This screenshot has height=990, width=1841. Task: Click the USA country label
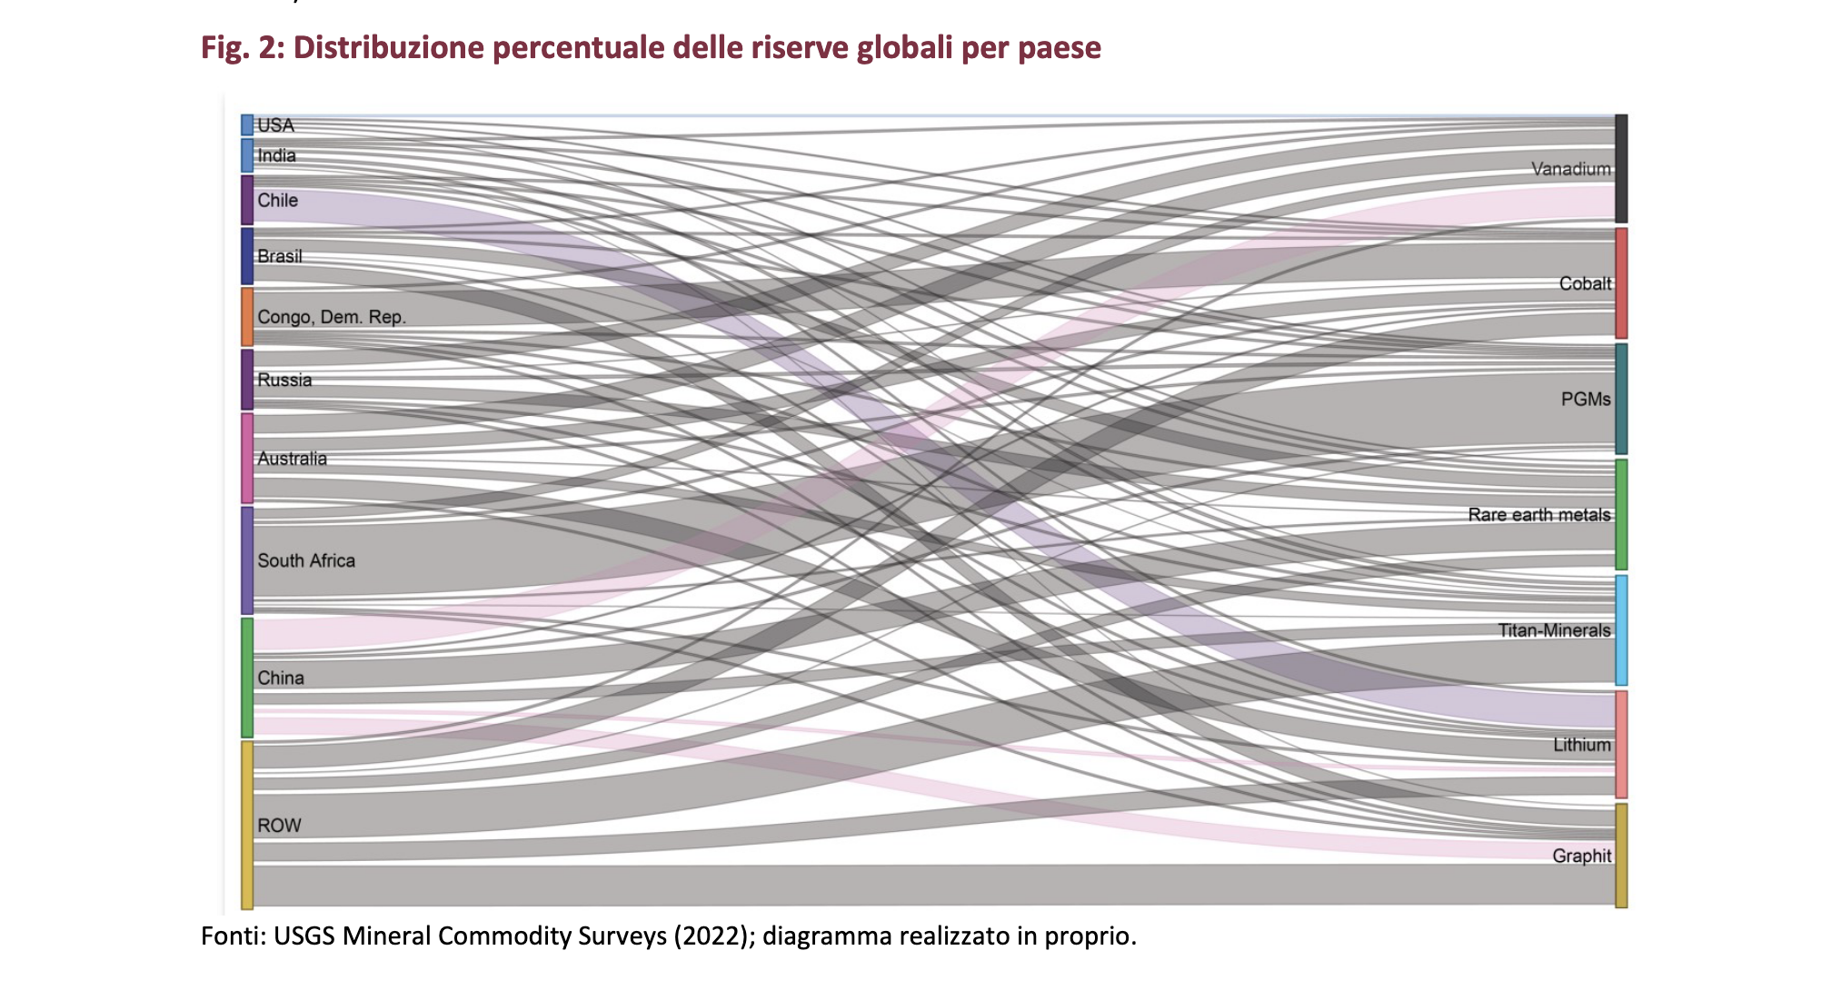(x=275, y=125)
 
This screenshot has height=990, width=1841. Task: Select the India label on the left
(x=276, y=155)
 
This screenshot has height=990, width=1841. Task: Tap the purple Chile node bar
(x=247, y=200)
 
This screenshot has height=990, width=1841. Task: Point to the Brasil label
(x=279, y=256)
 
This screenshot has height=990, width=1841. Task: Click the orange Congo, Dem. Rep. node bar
(x=247, y=316)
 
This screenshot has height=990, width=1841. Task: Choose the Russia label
(x=284, y=380)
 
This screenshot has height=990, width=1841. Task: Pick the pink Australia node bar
(x=247, y=458)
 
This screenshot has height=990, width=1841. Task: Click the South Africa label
(x=305, y=560)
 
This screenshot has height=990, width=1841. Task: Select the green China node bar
(x=247, y=678)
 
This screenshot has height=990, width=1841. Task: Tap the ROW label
(x=279, y=826)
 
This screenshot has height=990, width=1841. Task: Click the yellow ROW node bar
(x=247, y=825)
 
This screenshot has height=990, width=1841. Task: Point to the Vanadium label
(x=1570, y=169)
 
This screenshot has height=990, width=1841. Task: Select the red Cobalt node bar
(x=1621, y=283)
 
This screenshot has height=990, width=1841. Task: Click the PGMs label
(x=1585, y=399)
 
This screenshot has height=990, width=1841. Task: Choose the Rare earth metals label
(x=1538, y=515)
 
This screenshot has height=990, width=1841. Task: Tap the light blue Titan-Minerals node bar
(x=1621, y=629)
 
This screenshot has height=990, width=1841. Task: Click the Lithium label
(x=1581, y=745)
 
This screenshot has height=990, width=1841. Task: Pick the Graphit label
(x=1581, y=856)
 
